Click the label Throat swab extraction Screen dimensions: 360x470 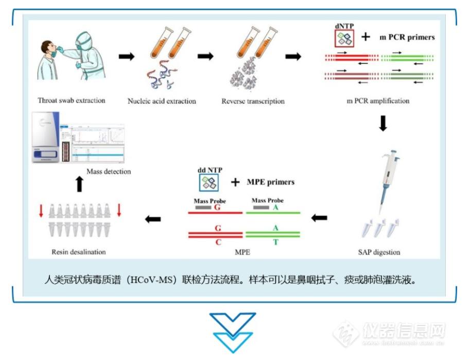tap(71, 100)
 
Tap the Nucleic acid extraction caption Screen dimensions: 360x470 tap(162, 101)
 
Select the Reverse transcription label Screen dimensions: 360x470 tap(253, 101)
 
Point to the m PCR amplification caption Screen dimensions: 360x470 tap(378, 101)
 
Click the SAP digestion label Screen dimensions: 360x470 tap(379, 252)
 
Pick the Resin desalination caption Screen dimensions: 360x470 tap(79, 252)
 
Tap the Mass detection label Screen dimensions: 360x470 tap(109, 172)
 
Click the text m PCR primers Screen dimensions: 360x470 tap(407, 37)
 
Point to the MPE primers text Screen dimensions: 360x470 tap(271, 182)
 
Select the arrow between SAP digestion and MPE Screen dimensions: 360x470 tap(320, 218)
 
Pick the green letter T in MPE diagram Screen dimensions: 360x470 tap(275, 242)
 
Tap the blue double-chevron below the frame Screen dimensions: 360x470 tap(233, 332)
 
